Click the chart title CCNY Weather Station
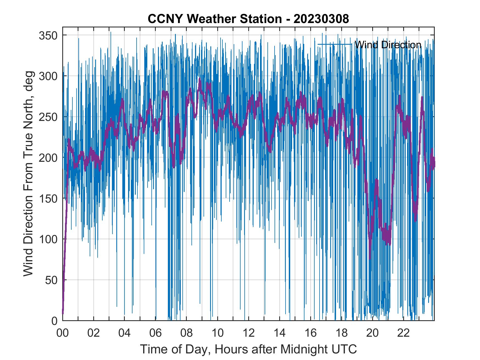tap(214, 19)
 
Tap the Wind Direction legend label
tap(388, 45)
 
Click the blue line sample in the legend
tap(335, 44)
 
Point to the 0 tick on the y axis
tap(55, 321)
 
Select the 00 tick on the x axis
tap(63, 333)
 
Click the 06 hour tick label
tap(156, 333)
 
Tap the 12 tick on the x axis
tap(249, 333)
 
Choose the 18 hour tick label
tap(341, 333)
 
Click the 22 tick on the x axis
tap(403, 333)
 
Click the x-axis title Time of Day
tap(249, 349)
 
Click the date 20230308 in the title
tap(321, 19)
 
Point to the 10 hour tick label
tap(218, 333)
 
